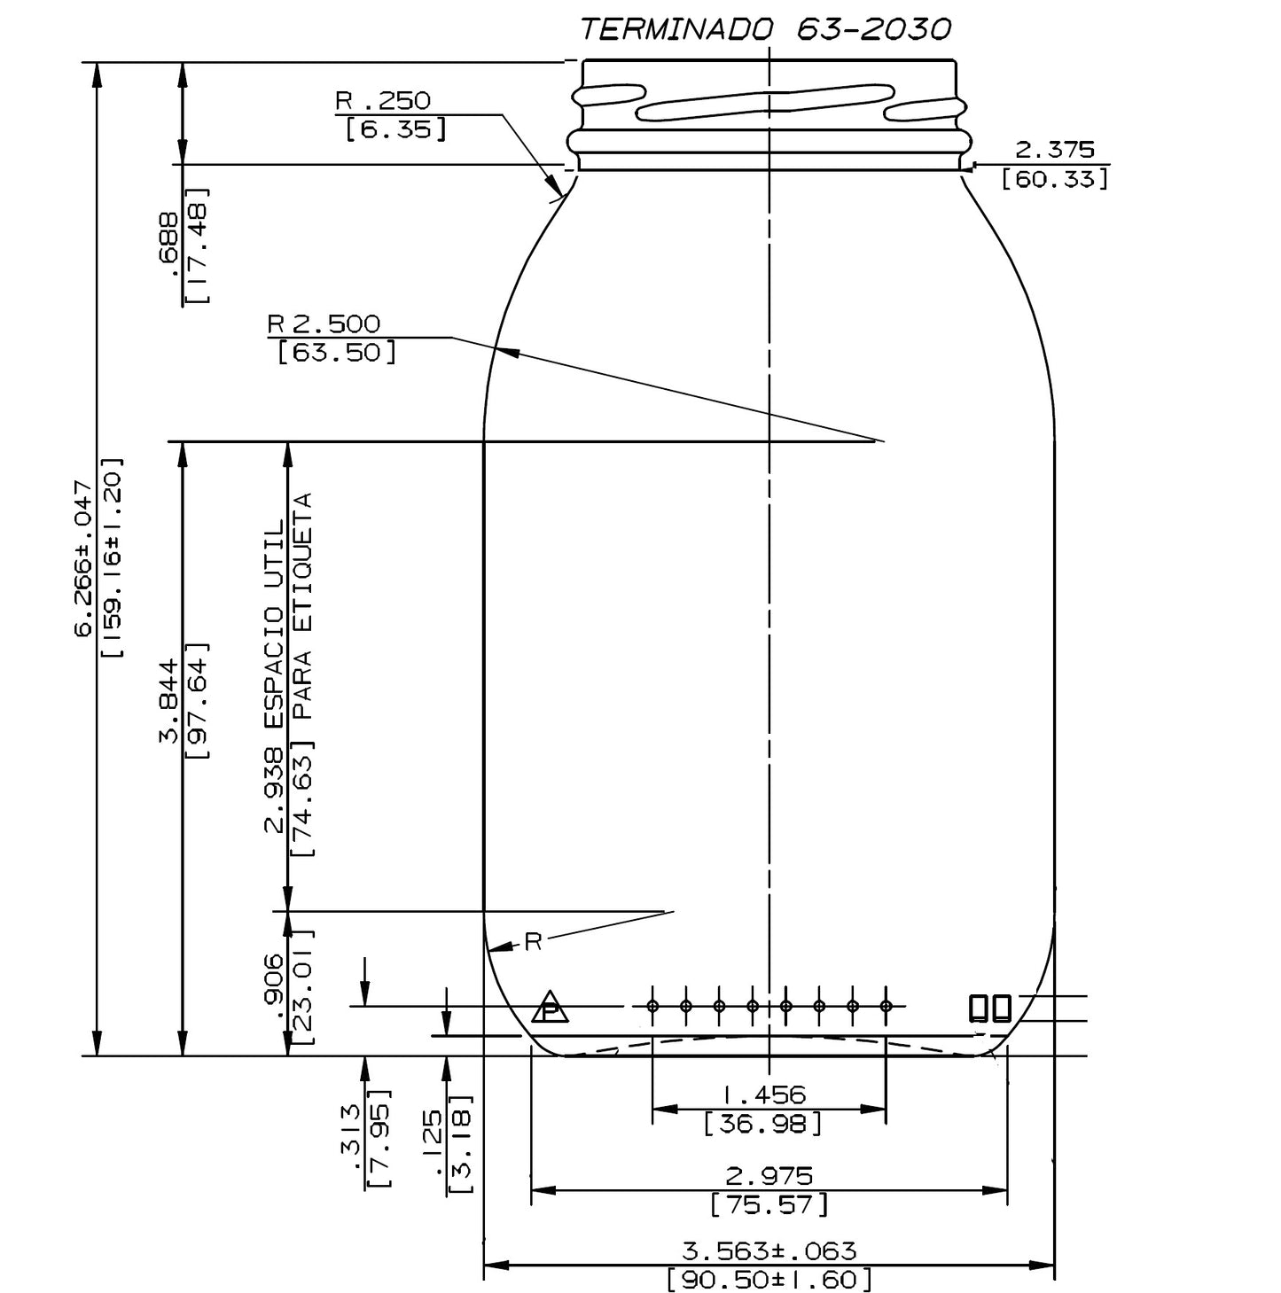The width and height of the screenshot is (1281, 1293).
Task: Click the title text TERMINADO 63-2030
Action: pos(765,29)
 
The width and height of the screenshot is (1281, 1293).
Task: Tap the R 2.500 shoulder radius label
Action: pos(324,323)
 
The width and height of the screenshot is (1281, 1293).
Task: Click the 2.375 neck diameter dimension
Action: pos(1054,150)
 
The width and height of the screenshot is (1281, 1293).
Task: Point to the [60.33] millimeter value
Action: pos(1054,179)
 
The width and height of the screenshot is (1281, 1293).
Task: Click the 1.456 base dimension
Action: pos(768,1095)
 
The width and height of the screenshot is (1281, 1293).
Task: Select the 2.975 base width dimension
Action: pos(768,1176)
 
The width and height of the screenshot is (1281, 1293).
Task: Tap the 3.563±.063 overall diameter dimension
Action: pos(769,1250)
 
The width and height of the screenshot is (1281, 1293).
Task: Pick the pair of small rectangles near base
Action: pos(989,1008)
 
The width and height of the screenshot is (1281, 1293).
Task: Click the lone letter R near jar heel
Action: pos(532,942)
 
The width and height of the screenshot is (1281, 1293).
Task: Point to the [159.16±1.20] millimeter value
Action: pos(113,558)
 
